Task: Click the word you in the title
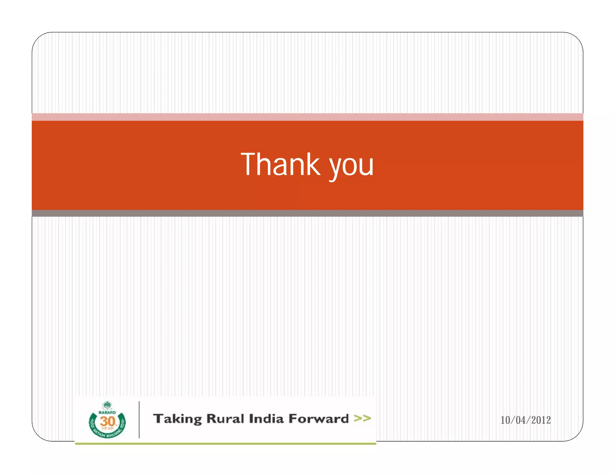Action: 351,167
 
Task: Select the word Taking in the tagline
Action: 177,419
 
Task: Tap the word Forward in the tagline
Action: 318,419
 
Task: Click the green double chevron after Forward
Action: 362,418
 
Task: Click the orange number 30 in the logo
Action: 107,421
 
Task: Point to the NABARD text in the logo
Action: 107,413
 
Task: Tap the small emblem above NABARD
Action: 107,406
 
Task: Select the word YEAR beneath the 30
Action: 107,428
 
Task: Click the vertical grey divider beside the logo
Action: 139,420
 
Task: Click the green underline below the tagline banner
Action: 225,443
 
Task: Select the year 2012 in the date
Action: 541,420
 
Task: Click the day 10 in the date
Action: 506,420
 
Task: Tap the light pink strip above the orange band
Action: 307,117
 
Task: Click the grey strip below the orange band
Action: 307,213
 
